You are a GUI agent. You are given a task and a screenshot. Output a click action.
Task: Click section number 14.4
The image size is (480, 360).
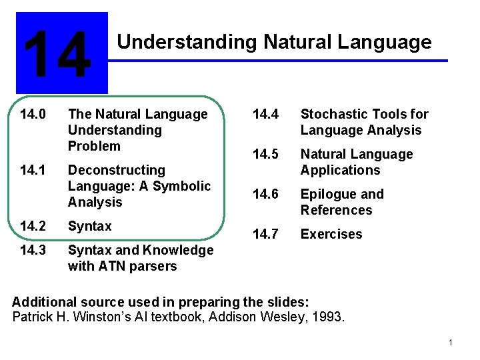pyautogui.click(x=265, y=114)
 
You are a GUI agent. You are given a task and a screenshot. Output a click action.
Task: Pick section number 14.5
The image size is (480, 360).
pyautogui.click(x=265, y=154)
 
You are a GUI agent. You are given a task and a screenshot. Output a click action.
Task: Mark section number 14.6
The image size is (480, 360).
pyautogui.click(x=265, y=194)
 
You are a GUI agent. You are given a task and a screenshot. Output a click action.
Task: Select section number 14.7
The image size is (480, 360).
pyautogui.click(x=265, y=234)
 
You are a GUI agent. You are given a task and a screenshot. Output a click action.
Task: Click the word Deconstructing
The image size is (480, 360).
pyautogui.click(x=116, y=170)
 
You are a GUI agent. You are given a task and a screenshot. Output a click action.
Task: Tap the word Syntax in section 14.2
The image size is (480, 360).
pyautogui.click(x=90, y=226)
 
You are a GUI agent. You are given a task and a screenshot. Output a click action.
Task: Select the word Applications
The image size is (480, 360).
pyautogui.click(x=340, y=170)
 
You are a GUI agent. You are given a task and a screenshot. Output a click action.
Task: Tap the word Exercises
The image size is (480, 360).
pyautogui.click(x=331, y=234)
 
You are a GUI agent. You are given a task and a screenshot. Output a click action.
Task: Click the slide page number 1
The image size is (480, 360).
pyautogui.click(x=451, y=343)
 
